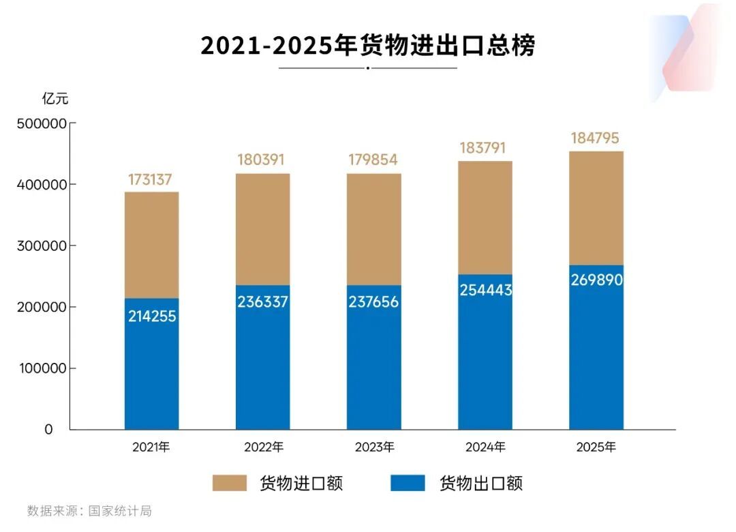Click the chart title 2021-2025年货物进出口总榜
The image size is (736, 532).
[x=367, y=46]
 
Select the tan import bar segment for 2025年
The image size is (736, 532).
[x=596, y=208]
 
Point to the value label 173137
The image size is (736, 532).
[x=150, y=180]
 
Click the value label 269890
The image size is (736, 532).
[x=596, y=280]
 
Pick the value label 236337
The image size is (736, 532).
[x=263, y=301]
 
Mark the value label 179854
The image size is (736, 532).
[x=373, y=160]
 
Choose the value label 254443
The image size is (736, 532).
[x=485, y=290]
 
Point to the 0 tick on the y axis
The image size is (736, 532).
[x=48, y=430]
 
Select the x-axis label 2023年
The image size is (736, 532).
[x=374, y=448]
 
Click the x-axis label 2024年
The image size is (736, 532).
[x=485, y=448]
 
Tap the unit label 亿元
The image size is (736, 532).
[x=55, y=98]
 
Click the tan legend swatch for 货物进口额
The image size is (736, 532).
[x=233, y=484]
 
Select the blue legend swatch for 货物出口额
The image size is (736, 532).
[x=408, y=484]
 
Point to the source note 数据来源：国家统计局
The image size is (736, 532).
[x=89, y=511]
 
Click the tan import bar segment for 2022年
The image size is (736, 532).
[x=263, y=228]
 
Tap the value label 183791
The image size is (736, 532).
[x=485, y=148]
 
